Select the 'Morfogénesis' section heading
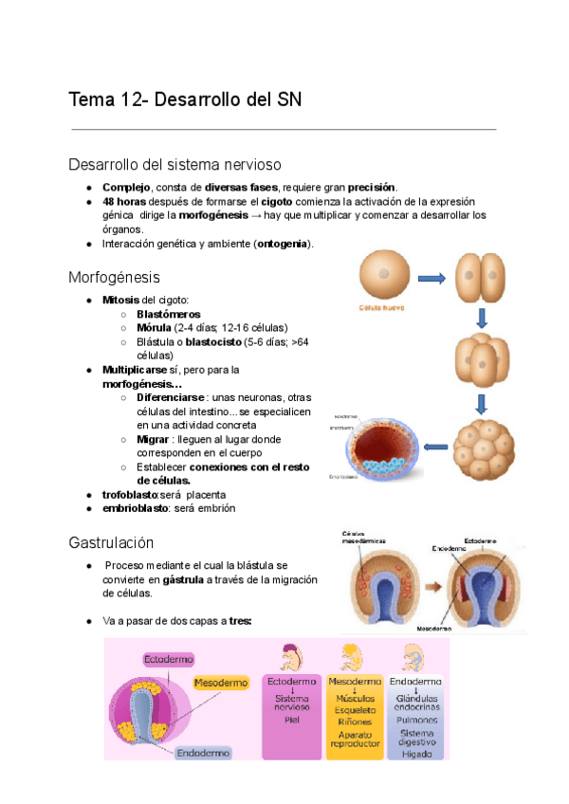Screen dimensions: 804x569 pyautogui.click(x=114, y=278)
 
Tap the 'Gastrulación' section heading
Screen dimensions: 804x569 pyautogui.click(x=111, y=543)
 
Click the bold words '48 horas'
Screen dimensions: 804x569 pyautogui.click(x=123, y=202)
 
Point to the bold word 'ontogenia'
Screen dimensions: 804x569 pyautogui.click(x=283, y=244)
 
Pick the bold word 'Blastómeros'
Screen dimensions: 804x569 pyautogui.click(x=169, y=314)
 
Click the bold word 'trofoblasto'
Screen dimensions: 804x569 pyautogui.click(x=129, y=495)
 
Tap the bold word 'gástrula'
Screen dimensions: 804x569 pyautogui.click(x=183, y=579)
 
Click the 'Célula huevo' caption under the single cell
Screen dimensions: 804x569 pyautogui.click(x=383, y=308)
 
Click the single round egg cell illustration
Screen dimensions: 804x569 pyautogui.click(x=384, y=276)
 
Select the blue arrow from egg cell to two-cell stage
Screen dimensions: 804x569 pyautogui.click(x=431, y=278)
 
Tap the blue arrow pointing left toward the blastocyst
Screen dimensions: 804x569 pyautogui.click(x=435, y=446)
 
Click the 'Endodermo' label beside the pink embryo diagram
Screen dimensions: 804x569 pyautogui.click(x=202, y=753)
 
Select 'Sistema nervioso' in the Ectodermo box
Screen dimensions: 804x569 pyautogui.click(x=291, y=703)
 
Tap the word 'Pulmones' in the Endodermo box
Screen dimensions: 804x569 pyautogui.click(x=417, y=720)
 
